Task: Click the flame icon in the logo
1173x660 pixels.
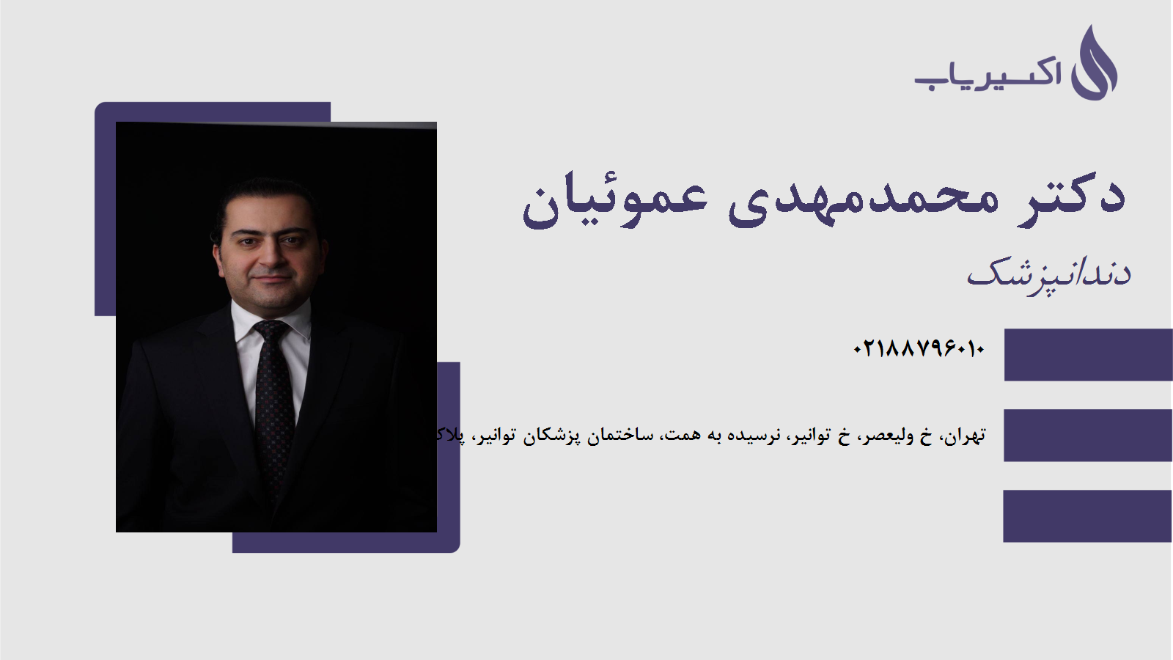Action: coord(1094,65)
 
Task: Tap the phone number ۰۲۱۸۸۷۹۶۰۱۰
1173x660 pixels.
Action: coord(918,349)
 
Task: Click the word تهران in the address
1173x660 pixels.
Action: coord(965,436)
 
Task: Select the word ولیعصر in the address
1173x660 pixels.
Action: coord(888,436)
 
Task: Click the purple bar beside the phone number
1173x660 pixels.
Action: coord(1088,355)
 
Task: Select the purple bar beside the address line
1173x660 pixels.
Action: coord(1088,436)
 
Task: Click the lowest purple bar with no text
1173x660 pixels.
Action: coord(1088,516)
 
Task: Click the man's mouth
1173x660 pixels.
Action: coord(269,279)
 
